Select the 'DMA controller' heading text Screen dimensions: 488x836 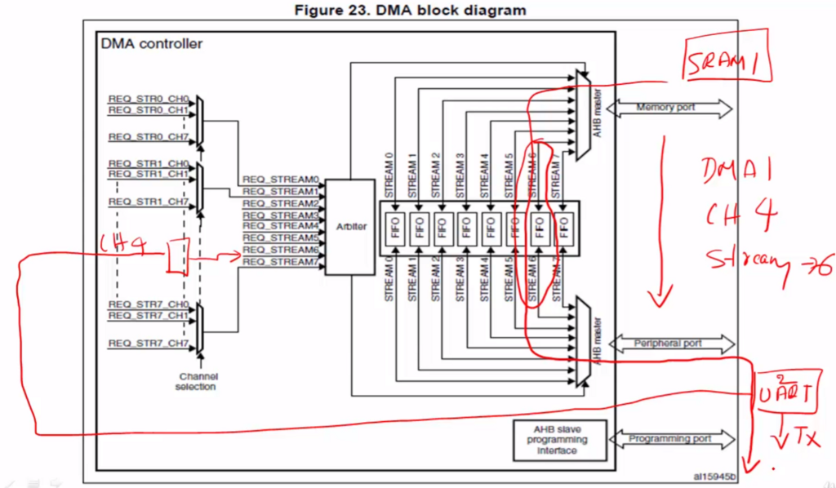click(x=151, y=43)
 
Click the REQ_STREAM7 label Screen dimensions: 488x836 click(x=280, y=262)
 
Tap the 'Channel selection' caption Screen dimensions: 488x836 click(x=196, y=382)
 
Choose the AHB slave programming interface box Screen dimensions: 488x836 click(x=558, y=439)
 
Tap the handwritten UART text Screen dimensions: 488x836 click(x=785, y=395)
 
